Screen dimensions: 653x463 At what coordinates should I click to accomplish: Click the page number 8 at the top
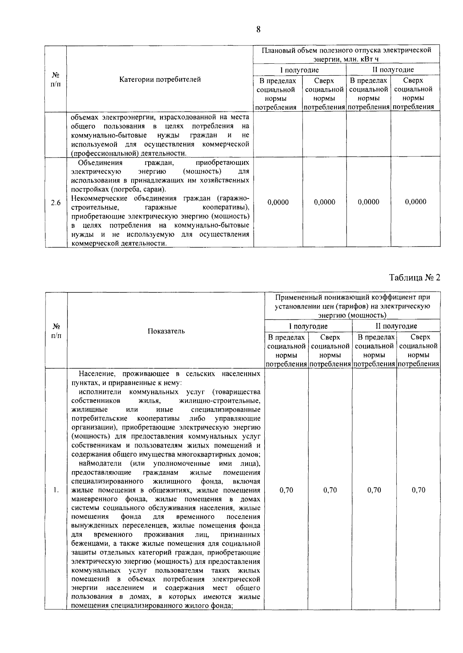coord(258,30)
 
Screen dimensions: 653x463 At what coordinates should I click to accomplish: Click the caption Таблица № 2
coord(414,278)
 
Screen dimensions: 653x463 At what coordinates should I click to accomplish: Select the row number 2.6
coord(56,202)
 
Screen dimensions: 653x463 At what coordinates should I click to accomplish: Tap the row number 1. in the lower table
coord(56,490)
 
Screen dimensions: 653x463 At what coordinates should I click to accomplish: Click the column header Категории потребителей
coord(160,80)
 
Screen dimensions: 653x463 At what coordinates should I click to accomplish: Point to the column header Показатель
coord(166,331)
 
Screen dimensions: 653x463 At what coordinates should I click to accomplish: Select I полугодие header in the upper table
coord(299,70)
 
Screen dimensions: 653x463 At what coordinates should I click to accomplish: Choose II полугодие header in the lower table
coord(396,326)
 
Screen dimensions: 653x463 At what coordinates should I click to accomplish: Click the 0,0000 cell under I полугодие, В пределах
coord(278,202)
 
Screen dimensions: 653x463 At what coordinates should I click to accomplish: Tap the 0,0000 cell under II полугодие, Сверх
coord(416,202)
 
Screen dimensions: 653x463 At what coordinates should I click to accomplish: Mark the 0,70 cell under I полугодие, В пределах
coord(286,490)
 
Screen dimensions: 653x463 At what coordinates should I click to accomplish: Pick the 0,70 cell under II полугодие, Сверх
coord(418,490)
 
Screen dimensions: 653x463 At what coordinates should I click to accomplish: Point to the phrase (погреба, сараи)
coord(144,190)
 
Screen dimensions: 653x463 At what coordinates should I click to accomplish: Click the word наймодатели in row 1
coord(100,463)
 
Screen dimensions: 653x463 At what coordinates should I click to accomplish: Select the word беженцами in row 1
coord(88,544)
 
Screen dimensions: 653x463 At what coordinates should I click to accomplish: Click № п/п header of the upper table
coord(56,79)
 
